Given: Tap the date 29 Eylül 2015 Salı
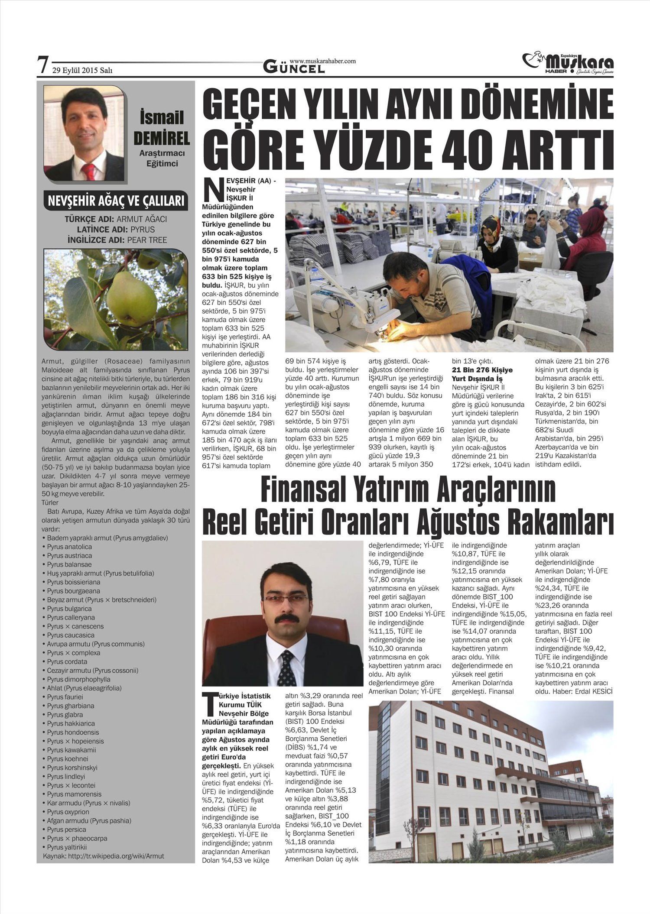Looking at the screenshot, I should point(82,71).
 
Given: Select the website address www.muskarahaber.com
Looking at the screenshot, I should point(322,61).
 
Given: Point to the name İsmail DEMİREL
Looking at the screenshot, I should point(161,128).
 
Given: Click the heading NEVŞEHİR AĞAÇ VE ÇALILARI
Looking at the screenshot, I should point(116,201).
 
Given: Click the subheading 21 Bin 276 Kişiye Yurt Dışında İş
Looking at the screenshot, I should point(482,374).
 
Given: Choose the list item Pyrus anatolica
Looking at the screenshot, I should point(69,547).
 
